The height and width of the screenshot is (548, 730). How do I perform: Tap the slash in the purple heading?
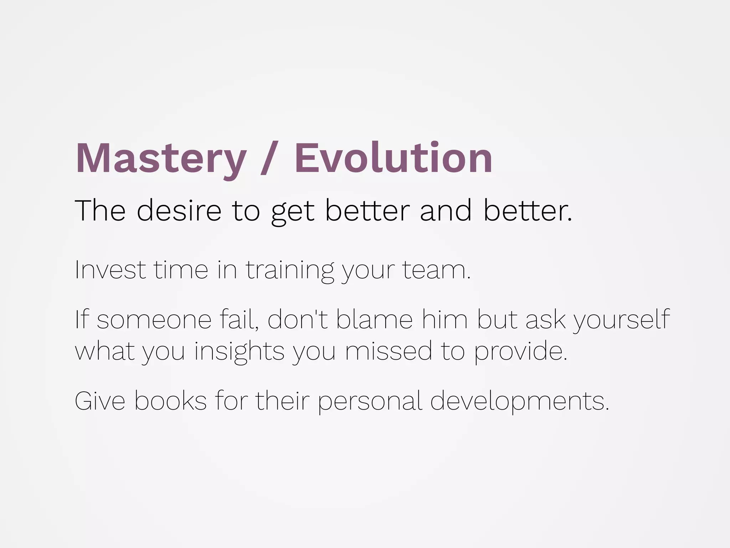[269, 158]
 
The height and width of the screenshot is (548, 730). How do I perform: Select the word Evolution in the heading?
[393, 158]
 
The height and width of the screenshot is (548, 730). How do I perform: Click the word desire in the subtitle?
[179, 210]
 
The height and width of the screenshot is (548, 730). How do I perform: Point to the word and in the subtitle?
[446, 210]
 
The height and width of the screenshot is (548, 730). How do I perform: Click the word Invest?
[110, 270]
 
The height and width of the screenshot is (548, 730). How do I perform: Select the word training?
[290, 270]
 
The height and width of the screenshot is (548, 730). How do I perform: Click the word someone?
[154, 320]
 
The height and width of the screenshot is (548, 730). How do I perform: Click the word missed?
[388, 351]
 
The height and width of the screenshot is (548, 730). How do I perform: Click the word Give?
[100, 401]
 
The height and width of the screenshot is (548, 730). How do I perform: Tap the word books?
[170, 401]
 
